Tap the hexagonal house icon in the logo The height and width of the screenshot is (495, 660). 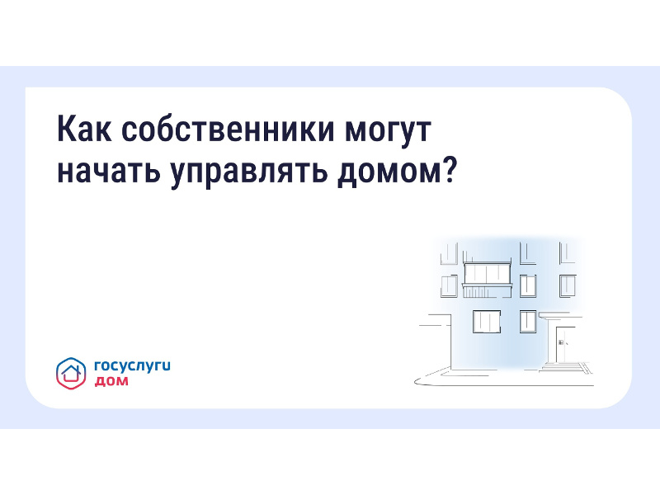(70, 373)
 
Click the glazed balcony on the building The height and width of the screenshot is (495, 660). (488, 273)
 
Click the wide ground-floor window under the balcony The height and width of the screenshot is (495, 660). (487, 322)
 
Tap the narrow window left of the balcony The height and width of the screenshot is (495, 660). (449, 285)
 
